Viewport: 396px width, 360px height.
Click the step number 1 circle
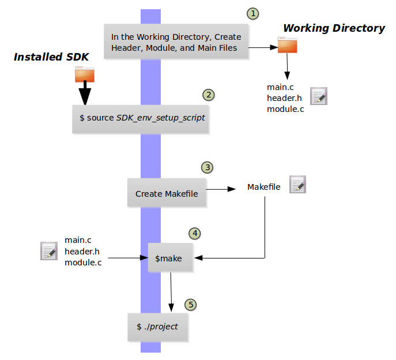[x=252, y=13]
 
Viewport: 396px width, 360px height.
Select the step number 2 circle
[x=209, y=95]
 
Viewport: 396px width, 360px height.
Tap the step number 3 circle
[x=207, y=167]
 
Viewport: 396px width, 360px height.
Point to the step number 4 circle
[x=195, y=234]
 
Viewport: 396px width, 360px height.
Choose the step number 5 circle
[x=191, y=304]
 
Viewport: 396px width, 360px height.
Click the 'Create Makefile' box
[x=167, y=193]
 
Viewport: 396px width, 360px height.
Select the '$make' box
[x=170, y=258]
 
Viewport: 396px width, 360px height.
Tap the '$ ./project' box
[x=158, y=327]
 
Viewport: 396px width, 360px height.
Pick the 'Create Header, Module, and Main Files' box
[x=176, y=42]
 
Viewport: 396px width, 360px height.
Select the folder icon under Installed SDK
[x=85, y=74]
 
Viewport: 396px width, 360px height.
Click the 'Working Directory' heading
[x=334, y=28]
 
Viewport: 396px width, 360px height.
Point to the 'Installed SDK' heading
[x=51, y=57]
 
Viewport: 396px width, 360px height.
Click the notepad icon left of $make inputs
[x=49, y=251]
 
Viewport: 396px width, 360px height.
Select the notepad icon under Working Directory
[x=319, y=96]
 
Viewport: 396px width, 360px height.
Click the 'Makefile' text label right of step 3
[x=264, y=187]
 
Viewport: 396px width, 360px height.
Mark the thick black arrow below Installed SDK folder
[x=85, y=92]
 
